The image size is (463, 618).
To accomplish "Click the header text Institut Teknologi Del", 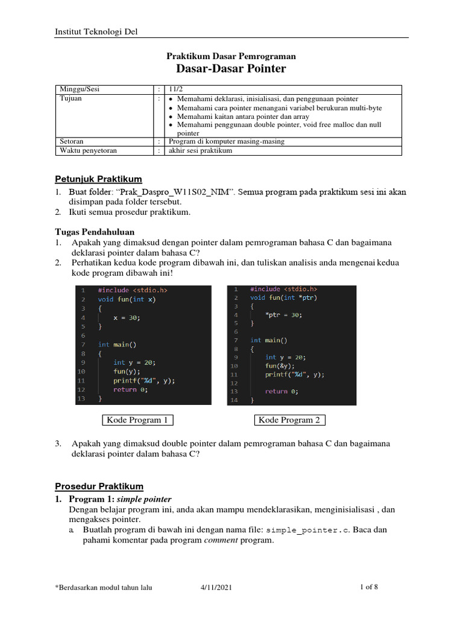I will pyautogui.click(x=96, y=31).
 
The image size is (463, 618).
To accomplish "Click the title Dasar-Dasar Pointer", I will pyautogui.click(x=231, y=69).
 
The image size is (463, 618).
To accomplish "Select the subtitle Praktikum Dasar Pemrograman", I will pyautogui.click(x=231, y=56).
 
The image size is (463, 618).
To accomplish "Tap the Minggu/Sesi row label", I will pyautogui.click(x=78, y=89).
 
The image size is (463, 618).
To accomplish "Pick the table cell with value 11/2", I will pyautogui.click(x=177, y=89).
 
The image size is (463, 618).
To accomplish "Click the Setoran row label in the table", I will pyautogui.click(x=71, y=141).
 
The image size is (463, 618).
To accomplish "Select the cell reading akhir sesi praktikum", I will pyautogui.click(x=200, y=150).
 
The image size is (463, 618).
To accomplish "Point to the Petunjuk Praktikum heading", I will pyautogui.click(x=99, y=179).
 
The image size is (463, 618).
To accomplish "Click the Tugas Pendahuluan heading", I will pyautogui.click(x=95, y=232).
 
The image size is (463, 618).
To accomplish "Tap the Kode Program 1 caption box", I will pyautogui.click(x=137, y=420).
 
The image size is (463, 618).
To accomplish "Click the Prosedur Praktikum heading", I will pyautogui.click(x=99, y=486).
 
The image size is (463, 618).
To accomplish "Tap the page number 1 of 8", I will pyautogui.click(x=368, y=587).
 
